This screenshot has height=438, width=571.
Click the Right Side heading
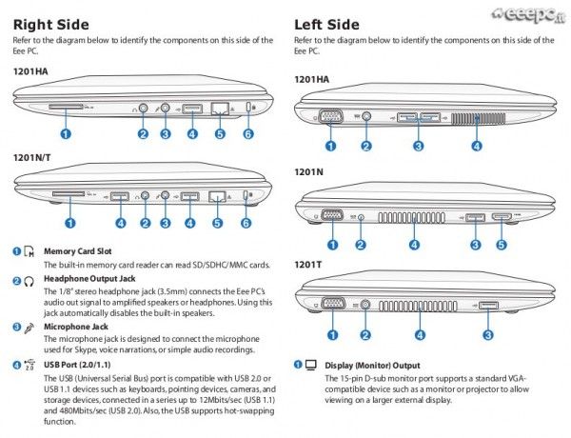(x=51, y=24)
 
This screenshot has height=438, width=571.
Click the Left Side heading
(x=326, y=24)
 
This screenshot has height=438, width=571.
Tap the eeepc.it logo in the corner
(x=528, y=14)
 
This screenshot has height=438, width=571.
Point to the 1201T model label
(x=311, y=263)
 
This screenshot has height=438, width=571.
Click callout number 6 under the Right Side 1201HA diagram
(x=248, y=134)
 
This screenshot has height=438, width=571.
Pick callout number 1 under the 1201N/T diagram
(x=69, y=223)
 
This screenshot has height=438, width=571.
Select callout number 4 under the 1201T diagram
(x=420, y=334)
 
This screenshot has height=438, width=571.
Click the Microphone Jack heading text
(x=76, y=326)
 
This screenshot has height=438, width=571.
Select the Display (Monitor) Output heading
(x=372, y=365)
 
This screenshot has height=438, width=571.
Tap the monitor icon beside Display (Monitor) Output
(x=310, y=365)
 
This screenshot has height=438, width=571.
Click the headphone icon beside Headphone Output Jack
(x=30, y=280)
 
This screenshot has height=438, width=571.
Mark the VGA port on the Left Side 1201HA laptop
(x=330, y=117)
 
